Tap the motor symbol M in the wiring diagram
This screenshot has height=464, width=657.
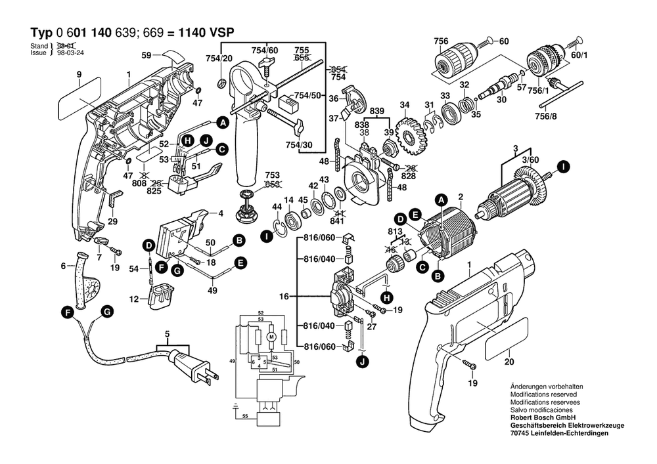click(270, 337)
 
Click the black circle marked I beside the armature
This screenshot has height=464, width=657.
click(563, 166)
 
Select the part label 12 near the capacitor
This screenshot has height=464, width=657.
click(133, 299)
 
